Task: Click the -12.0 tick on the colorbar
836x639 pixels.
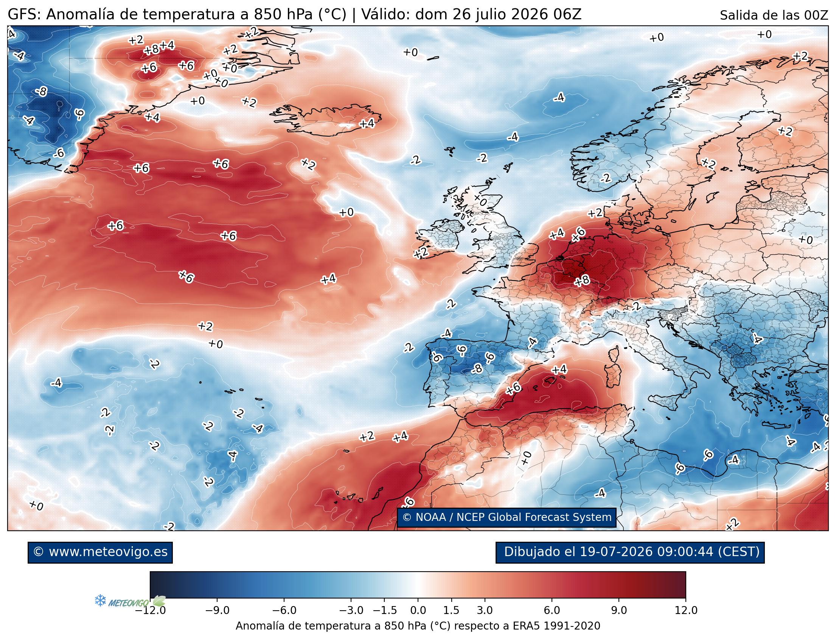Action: pyautogui.click(x=150, y=611)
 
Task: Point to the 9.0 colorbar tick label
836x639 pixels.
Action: pyautogui.click(x=618, y=611)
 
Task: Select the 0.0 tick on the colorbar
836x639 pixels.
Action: pyautogui.click(x=418, y=611)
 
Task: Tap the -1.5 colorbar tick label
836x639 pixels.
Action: pyautogui.click(x=385, y=611)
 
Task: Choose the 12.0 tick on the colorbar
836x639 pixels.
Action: pyautogui.click(x=686, y=611)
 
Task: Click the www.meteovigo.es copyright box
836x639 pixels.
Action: pyautogui.click(x=100, y=552)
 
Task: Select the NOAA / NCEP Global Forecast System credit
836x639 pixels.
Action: pyautogui.click(x=507, y=517)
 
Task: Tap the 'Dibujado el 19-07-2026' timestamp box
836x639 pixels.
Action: pyautogui.click(x=630, y=552)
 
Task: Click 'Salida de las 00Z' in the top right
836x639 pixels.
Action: pyautogui.click(x=774, y=16)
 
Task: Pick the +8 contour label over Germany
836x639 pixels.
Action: pyautogui.click(x=582, y=281)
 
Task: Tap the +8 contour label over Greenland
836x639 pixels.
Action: pyautogui.click(x=151, y=50)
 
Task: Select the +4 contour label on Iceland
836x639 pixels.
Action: pyautogui.click(x=367, y=124)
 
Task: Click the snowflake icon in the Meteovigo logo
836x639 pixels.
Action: pyautogui.click(x=100, y=601)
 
